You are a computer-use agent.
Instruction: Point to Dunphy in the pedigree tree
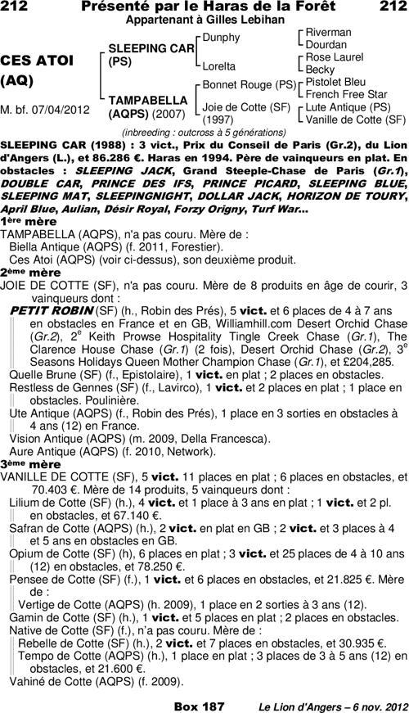221,38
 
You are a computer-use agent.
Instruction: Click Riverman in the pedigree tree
328,32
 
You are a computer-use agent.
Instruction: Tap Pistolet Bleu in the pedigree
337,82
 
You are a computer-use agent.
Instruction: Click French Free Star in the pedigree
347,94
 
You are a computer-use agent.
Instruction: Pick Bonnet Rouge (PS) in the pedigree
249,84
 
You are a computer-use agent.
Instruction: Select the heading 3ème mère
20,464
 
